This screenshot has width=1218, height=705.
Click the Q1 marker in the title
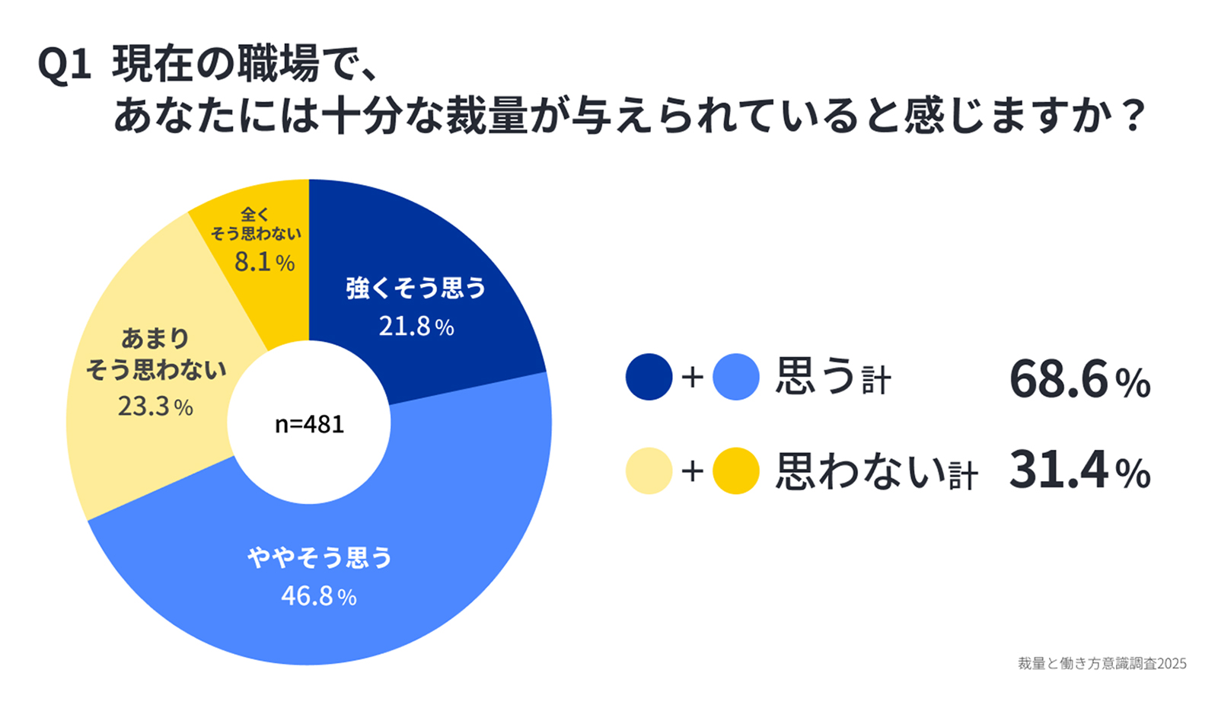click(x=64, y=65)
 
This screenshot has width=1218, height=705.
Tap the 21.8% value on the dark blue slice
click(x=416, y=327)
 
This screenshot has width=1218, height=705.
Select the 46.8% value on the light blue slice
click(x=319, y=595)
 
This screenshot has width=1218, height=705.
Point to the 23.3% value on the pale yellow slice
click(x=155, y=407)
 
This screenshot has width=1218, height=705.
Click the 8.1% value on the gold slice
click(x=264, y=262)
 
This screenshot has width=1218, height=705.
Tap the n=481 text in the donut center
click(x=309, y=424)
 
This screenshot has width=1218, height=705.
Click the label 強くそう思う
click(x=416, y=288)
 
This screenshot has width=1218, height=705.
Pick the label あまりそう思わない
click(x=156, y=354)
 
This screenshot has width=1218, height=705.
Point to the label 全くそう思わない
click(x=256, y=225)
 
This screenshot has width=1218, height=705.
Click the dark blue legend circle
click(x=649, y=377)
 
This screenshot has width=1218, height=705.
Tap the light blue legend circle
click(x=736, y=377)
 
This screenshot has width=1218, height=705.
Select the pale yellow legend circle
click(x=649, y=471)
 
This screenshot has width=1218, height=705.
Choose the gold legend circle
click(x=736, y=471)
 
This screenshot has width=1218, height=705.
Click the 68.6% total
click(x=1079, y=379)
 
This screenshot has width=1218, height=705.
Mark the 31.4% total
click(x=1079, y=471)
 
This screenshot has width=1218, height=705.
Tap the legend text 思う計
click(x=833, y=378)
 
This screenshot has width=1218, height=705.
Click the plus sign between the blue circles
click(x=692, y=378)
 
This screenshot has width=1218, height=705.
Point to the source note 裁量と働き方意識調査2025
click(x=1102, y=663)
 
